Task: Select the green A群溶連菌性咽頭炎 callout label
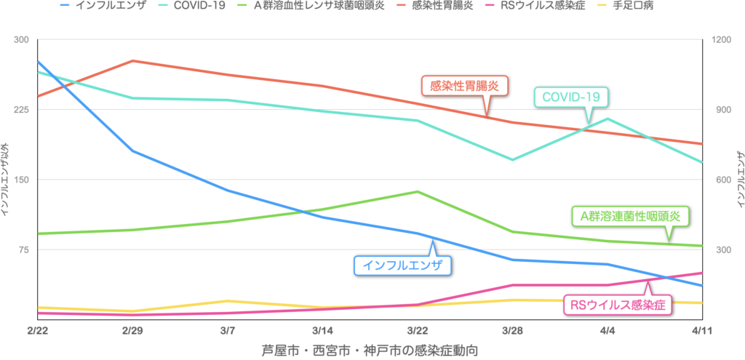629,215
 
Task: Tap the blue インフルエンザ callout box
402,265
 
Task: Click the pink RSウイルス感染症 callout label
618,305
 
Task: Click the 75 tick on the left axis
23,250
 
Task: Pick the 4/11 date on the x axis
701,330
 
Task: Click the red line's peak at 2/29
132,60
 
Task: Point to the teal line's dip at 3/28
512,159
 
